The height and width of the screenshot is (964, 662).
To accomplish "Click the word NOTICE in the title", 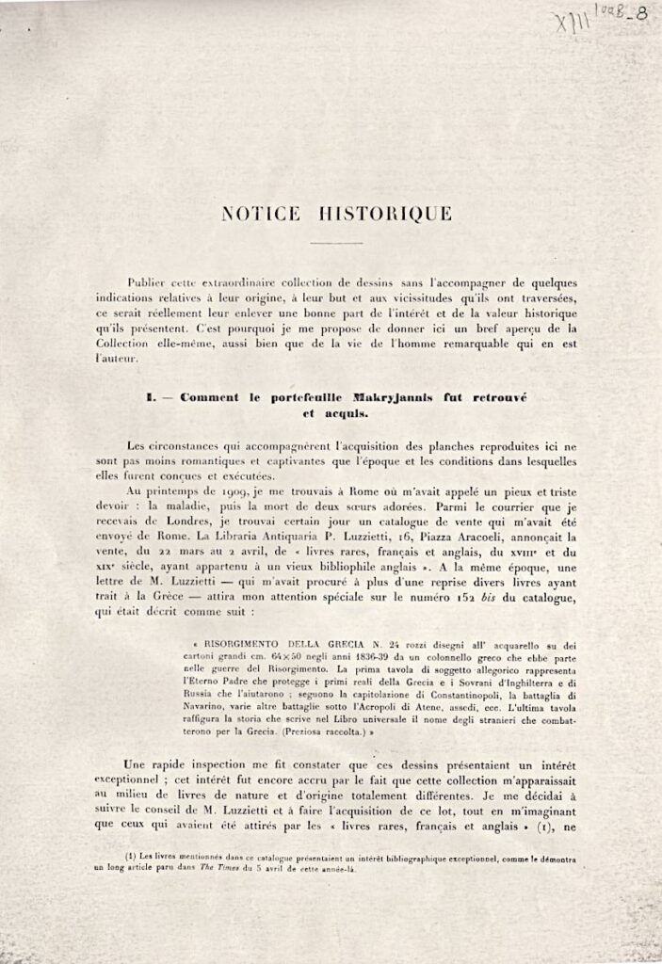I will (261, 214).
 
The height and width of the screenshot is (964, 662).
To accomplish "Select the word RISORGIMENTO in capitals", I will (239, 648).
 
